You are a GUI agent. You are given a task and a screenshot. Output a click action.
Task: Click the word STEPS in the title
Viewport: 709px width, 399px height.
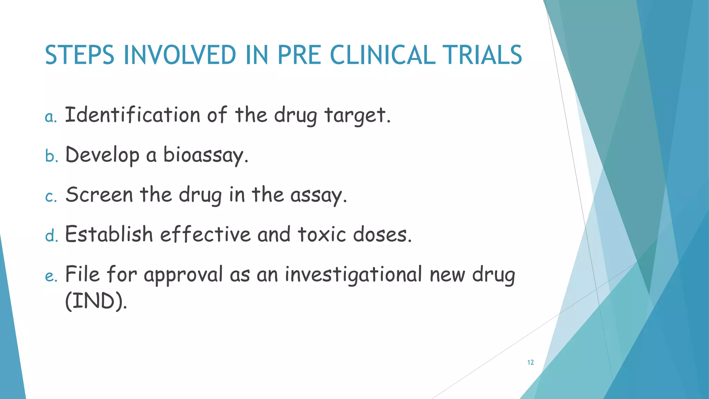(79, 55)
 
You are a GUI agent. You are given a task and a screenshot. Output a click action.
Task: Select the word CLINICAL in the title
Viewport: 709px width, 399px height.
(383, 55)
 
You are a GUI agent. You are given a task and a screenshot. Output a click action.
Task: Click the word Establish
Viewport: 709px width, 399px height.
(109, 234)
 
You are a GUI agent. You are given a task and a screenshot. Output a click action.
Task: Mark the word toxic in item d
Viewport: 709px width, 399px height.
(322, 234)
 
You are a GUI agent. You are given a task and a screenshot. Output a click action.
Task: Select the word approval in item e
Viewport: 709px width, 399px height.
(183, 275)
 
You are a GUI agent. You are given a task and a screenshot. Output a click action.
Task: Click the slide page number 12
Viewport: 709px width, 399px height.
(530, 362)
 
